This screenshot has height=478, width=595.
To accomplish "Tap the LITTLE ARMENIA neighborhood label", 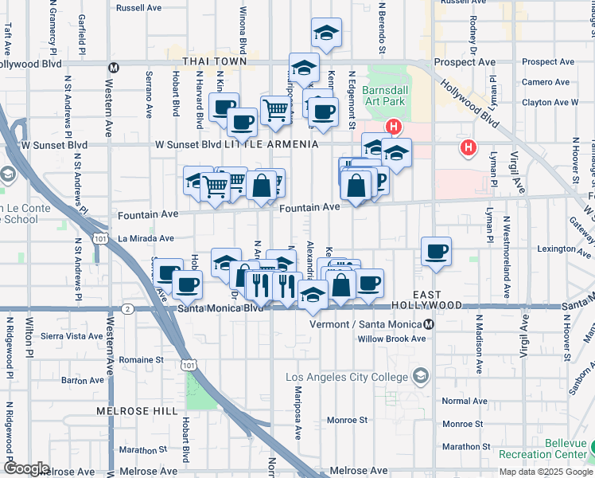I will pyautogui.click(x=271, y=144).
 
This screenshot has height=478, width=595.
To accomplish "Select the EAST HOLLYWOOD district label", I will pyautogui.click(x=437, y=300).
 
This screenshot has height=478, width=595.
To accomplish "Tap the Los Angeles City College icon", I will pyautogui.click(x=420, y=376).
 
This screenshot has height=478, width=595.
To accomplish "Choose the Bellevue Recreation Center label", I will pyautogui.click(x=544, y=449).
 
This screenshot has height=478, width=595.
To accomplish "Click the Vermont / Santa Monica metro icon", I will pyautogui.click(x=429, y=324).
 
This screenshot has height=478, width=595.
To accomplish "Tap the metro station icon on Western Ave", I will pyautogui.click(x=115, y=68).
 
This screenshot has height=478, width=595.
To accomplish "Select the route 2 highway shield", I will pyautogui.click(x=127, y=308).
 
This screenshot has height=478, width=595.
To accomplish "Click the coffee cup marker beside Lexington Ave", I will pyautogui.click(x=436, y=252).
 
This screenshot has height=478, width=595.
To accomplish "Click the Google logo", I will pyautogui.click(x=25, y=468).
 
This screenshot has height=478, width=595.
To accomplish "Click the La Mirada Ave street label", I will pyautogui.click(x=146, y=237).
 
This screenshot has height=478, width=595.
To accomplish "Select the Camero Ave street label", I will pyautogui.click(x=545, y=82).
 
